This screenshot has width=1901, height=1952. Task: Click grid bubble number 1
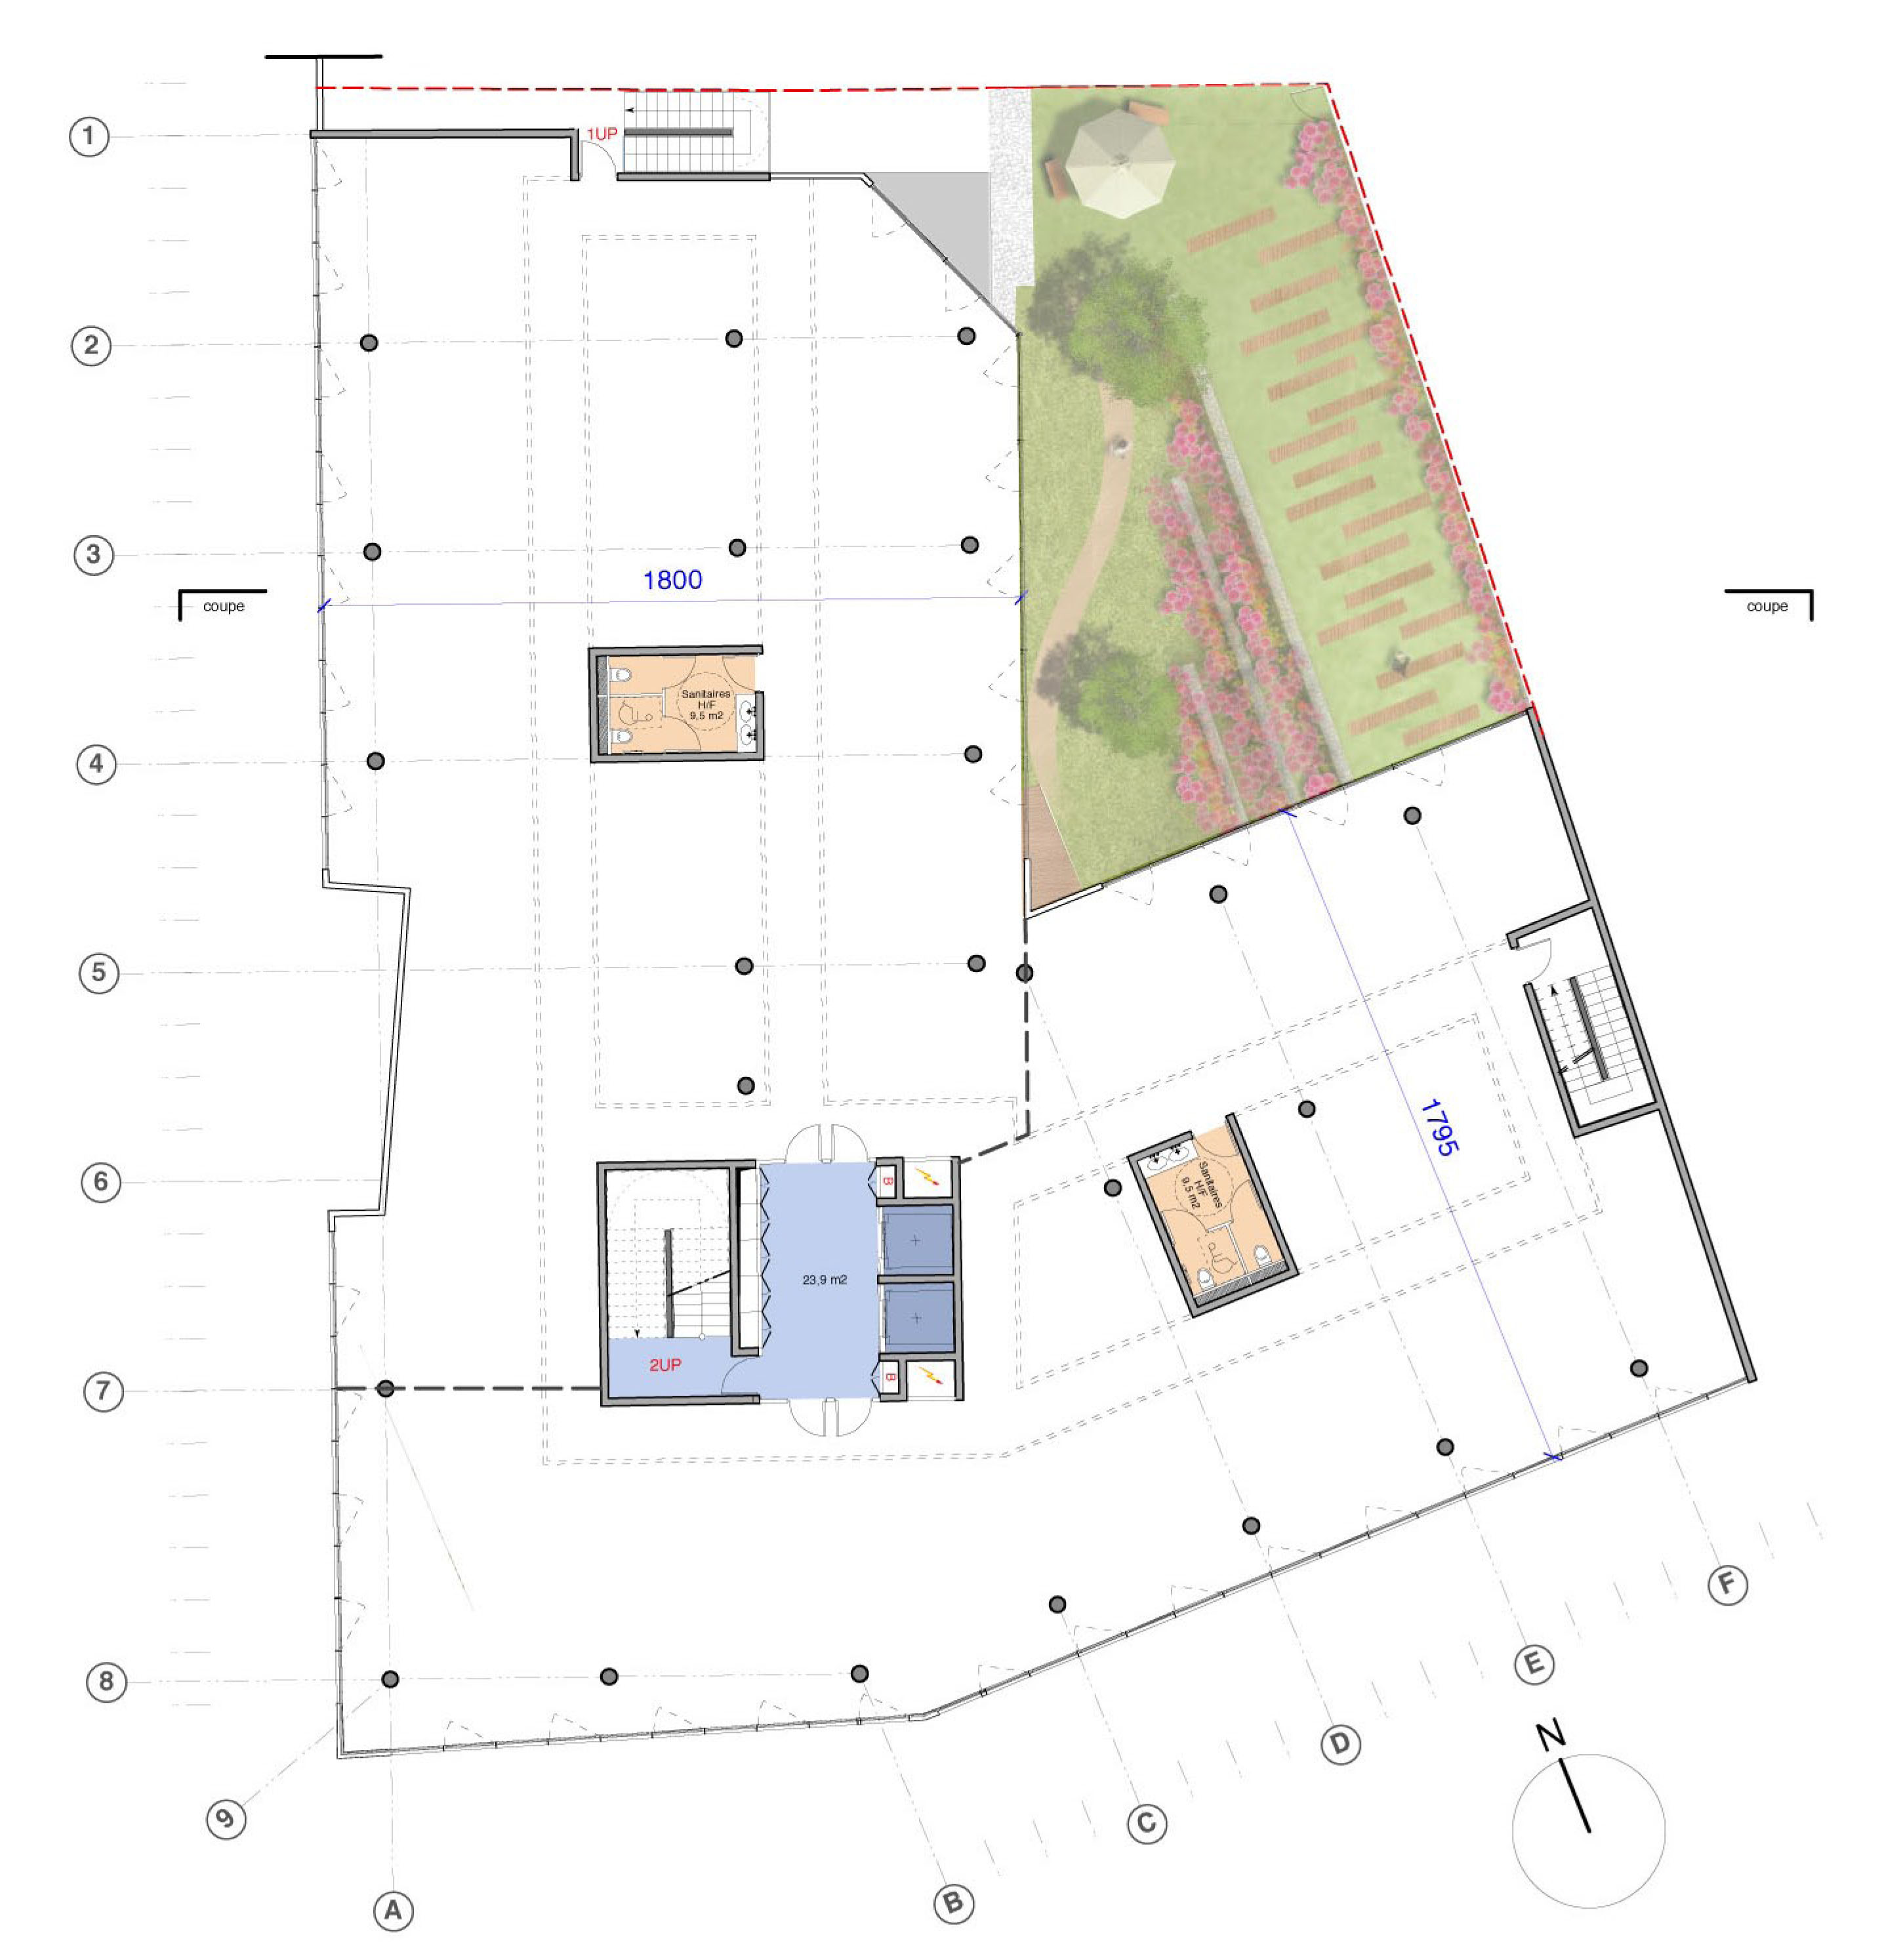[x=89, y=136]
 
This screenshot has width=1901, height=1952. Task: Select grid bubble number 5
[x=99, y=973]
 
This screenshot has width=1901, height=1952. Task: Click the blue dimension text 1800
[x=672, y=580]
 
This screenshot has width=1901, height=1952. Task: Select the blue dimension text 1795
[x=1439, y=1128]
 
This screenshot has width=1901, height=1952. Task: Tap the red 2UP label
[x=665, y=1365]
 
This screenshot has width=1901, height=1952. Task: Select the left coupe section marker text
[x=224, y=606]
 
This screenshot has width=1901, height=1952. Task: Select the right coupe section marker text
[x=1767, y=606]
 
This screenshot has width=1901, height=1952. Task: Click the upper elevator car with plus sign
[x=916, y=1240]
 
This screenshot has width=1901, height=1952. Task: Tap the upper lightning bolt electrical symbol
[x=930, y=1178]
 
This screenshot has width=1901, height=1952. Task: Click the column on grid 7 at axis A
[x=386, y=1389]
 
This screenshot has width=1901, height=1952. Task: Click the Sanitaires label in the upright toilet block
[x=705, y=693]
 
